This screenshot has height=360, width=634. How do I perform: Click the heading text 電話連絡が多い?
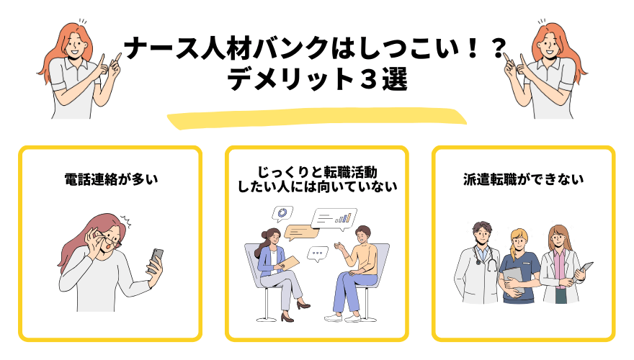(110, 180)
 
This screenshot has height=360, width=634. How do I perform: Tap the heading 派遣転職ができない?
(523, 180)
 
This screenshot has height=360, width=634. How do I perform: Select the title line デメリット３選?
(318, 79)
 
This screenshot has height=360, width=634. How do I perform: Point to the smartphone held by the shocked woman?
(156, 258)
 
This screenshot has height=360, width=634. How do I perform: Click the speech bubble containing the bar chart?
(334, 217)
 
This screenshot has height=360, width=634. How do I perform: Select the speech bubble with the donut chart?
(282, 213)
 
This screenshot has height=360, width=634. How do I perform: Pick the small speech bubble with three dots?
(317, 253)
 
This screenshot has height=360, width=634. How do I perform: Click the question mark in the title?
(496, 50)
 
